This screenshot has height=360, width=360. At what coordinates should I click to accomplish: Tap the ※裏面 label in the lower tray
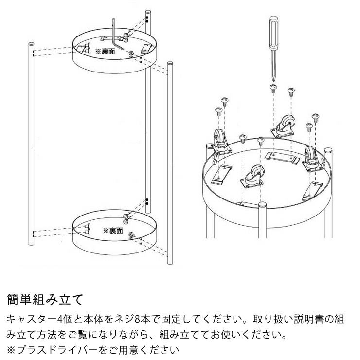[112, 229]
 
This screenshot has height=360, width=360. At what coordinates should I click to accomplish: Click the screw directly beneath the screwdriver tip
[274, 89]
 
